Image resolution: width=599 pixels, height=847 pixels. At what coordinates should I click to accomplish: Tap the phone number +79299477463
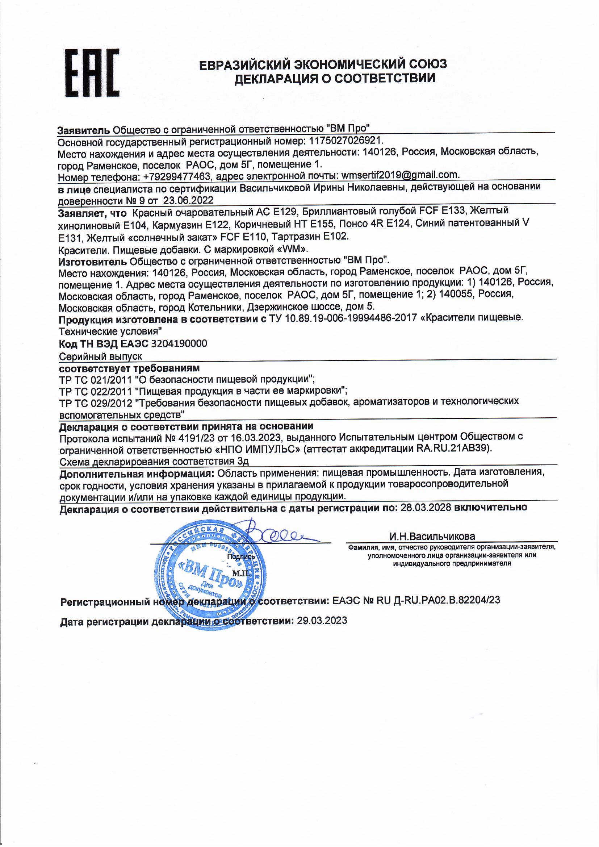177,176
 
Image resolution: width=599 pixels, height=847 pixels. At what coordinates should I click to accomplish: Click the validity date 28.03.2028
426,507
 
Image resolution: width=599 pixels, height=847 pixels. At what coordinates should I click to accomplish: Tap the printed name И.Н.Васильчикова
432,537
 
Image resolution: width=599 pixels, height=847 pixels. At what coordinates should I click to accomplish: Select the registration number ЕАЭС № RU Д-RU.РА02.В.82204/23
416,600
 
